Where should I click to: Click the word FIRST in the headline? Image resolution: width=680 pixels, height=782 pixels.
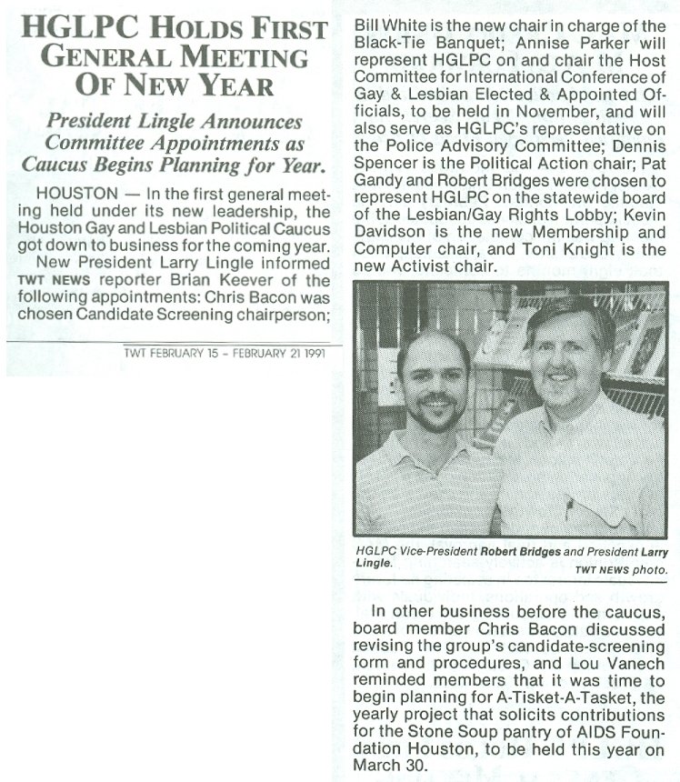(x=282, y=28)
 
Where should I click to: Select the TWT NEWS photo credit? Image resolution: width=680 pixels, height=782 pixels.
(x=621, y=570)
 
